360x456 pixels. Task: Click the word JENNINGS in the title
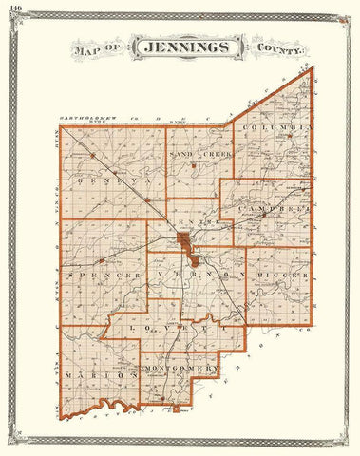point(180,46)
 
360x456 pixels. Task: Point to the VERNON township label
point(194,275)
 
